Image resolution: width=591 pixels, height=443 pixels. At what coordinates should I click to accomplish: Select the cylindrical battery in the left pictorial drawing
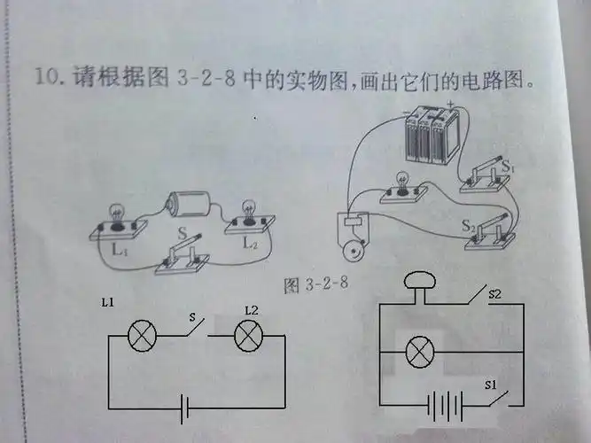(188, 205)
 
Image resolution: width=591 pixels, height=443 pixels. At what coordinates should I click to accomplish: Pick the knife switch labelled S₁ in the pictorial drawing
(484, 173)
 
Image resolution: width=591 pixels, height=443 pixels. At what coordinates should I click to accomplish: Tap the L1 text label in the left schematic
(108, 303)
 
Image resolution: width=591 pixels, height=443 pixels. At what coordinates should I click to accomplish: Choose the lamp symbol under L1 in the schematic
(141, 338)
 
